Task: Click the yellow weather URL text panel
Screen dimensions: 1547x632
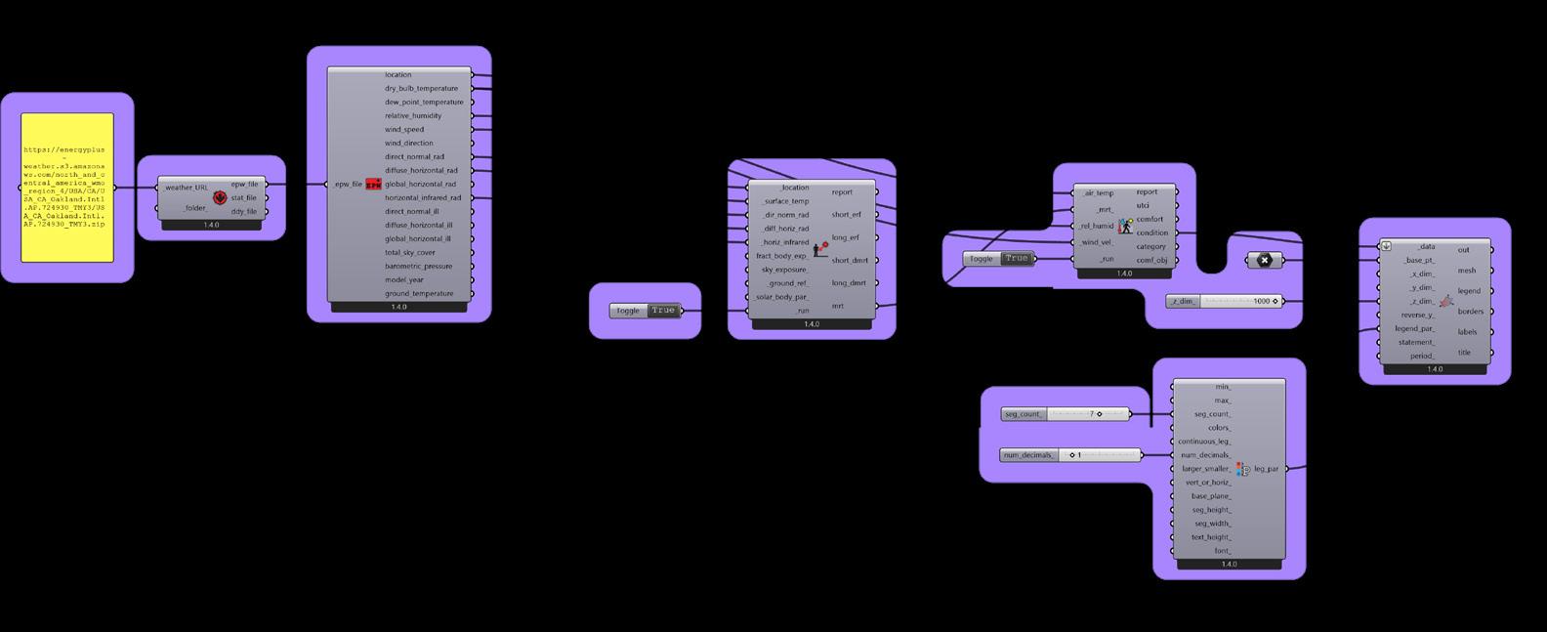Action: point(67,188)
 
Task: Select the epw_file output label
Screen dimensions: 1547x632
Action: point(244,184)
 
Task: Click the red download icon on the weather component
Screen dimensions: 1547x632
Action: point(220,197)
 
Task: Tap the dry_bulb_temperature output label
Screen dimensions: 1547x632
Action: point(421,88)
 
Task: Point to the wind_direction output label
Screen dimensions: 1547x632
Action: point(410,143)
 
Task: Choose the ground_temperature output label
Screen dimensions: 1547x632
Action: point(418,293)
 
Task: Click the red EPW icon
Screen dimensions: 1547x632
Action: point(373,184)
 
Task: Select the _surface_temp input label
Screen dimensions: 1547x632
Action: point(785,201)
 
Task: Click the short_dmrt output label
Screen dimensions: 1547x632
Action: point(849,260)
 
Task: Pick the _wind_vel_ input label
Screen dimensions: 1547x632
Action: point(1096,242)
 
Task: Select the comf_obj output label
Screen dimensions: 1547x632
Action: point(1151,260)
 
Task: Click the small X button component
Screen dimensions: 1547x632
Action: point(1264,260)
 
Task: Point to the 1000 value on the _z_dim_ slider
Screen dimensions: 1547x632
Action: point(1261,301)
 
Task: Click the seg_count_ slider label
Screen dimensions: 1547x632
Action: point(1023,414)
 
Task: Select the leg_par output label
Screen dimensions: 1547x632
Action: point(1266,469)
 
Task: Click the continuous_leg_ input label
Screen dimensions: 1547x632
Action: point(1204,442)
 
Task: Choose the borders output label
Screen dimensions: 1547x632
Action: point(1470,312)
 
